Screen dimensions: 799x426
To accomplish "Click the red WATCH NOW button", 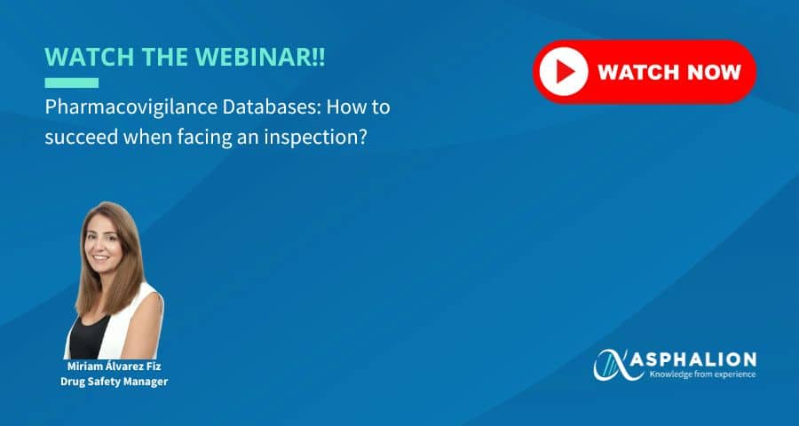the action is [645, 72].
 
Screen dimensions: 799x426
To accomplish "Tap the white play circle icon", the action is [564, 72].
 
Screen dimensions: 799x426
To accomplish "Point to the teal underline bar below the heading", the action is [71, 83].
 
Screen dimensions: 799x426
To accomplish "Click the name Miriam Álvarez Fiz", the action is [115, 367].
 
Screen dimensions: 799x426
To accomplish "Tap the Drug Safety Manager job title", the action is [115, 382].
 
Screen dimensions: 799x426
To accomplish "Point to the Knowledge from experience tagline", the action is [702, 375].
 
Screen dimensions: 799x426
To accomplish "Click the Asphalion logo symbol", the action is [618, 365].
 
